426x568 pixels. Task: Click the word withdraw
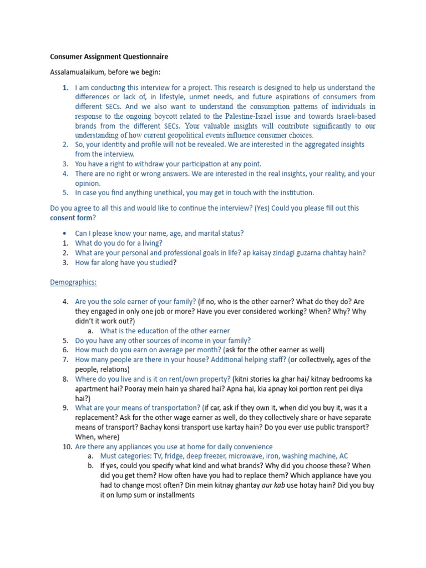(150, 164)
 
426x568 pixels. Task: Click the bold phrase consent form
(71, 218)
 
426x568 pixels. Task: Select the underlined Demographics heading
(73, 282)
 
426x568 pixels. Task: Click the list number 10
(65, 447)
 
